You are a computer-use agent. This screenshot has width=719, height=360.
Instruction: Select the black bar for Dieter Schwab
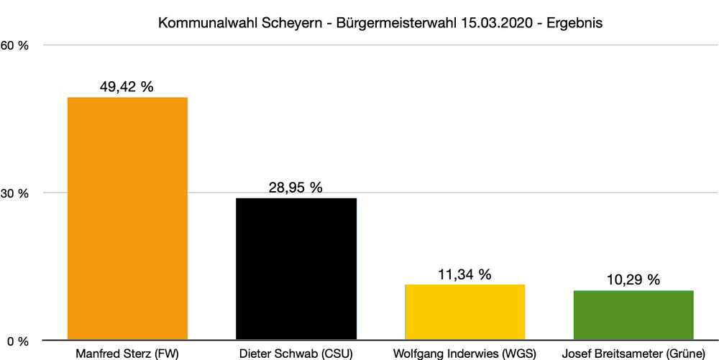tap(296, 269)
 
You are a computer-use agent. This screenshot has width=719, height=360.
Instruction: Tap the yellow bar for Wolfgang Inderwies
tap(465, 312)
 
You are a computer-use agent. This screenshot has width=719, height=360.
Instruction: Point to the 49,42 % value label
tap(127, 87)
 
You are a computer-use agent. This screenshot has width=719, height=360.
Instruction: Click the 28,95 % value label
tap(296, 188)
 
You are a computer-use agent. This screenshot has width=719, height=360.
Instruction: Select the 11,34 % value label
tap(464, 274)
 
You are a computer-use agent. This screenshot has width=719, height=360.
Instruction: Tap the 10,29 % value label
tap(633, 280)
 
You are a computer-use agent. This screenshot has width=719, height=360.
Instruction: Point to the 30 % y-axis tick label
tap(17, 193)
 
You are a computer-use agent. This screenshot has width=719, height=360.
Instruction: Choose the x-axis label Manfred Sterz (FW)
tap(127, 353)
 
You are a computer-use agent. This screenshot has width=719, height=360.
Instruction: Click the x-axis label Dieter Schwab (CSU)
tap(296, 353)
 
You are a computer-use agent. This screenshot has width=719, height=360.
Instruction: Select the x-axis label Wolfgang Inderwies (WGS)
tap(465, 353)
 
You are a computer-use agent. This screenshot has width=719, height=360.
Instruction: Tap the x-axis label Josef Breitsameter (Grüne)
tap(633, 353)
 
